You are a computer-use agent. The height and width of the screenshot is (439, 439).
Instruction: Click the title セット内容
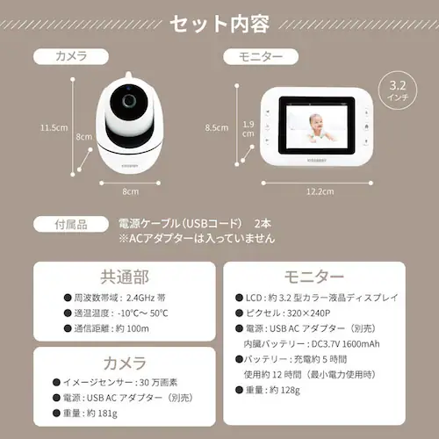(219, 21)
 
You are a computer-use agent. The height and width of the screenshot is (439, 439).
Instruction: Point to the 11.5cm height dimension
(54, 126)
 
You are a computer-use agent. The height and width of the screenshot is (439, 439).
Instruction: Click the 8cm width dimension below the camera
(130, 191)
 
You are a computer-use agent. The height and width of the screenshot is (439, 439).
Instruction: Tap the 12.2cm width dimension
(319, 191)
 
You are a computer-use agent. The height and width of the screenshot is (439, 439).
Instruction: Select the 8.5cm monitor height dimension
(218, 126)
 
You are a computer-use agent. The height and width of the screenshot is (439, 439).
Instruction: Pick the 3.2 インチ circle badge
(397, 91)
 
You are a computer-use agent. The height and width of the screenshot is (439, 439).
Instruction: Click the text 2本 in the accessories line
(261, 223)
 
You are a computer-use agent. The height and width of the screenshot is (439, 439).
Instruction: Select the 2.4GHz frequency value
(140, 298)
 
